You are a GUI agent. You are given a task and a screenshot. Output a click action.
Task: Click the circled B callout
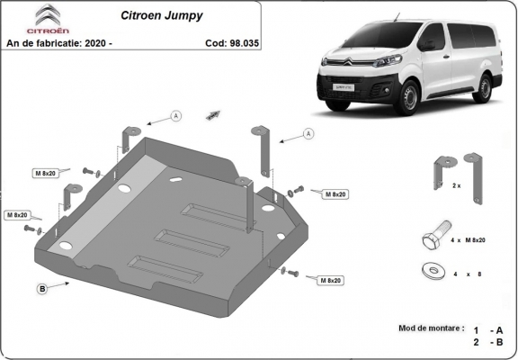(x=42, y=288)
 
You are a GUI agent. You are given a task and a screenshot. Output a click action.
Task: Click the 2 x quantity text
(x=456, y=185)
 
